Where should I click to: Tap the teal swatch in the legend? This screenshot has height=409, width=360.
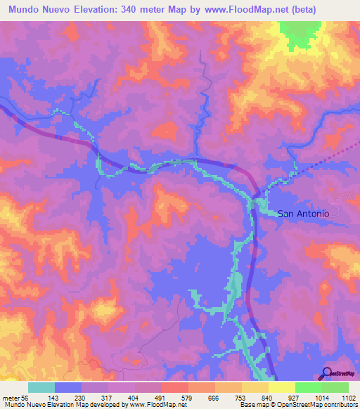[x=41, y=388]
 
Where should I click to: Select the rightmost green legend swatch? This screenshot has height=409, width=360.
[x=335, y=388]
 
